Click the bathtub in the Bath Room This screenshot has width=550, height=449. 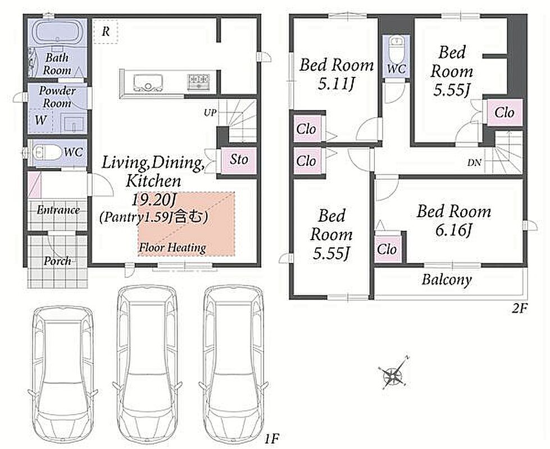(57, 33)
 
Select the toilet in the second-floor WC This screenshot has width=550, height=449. (397, 48)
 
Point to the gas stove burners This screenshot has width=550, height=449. (198, 82)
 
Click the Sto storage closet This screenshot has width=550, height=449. (239, 160)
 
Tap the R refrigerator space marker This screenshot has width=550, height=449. (106, 31)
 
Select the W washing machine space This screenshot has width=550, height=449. (40, 120)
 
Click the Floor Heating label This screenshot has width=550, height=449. (172, 248)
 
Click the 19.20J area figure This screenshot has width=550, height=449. (153, 200)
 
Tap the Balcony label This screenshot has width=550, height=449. (447, 280)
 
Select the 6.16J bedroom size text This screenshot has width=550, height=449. (453, 230)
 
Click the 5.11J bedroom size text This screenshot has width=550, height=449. (336, 84)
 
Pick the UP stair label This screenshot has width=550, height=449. (210, 113)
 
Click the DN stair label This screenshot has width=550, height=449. (474, 163)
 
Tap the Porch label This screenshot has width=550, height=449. (57, 261)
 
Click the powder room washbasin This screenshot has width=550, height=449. (73, 123)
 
